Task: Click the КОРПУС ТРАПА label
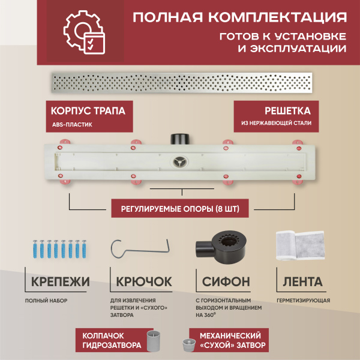pyautogui.click(x=84, y=112)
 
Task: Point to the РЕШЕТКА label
pyautogui.click(x=287, y=111)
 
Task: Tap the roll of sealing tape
pyautogui.click(x=300, y=247)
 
